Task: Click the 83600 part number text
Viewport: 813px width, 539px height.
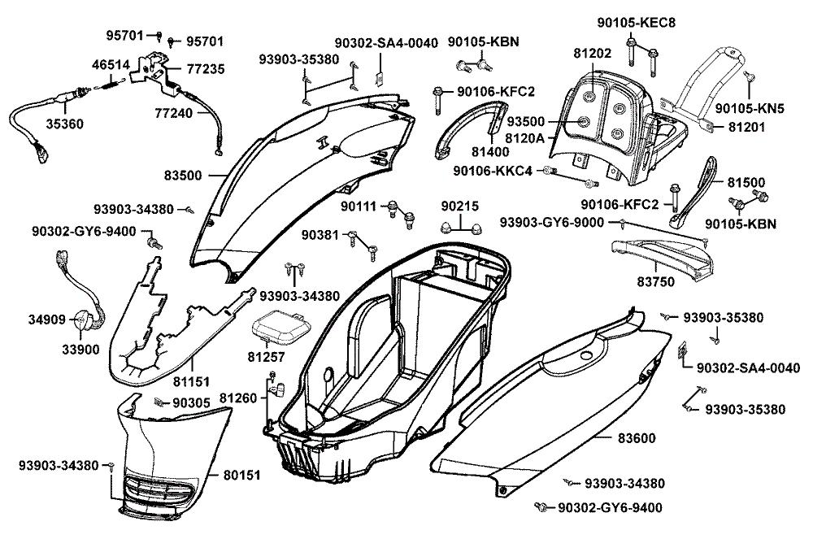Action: pyautogui.click(x=637, y=438)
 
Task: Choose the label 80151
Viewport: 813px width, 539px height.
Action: pyautogui.click(x=243, y=473)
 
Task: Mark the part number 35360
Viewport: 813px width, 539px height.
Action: pyautogui.click(x=63, y=124)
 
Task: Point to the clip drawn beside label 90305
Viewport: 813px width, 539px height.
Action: pyautogui.click(x=159, y=402)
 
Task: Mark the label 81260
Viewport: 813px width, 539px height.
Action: pyautogui.click(x=238, y=398)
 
